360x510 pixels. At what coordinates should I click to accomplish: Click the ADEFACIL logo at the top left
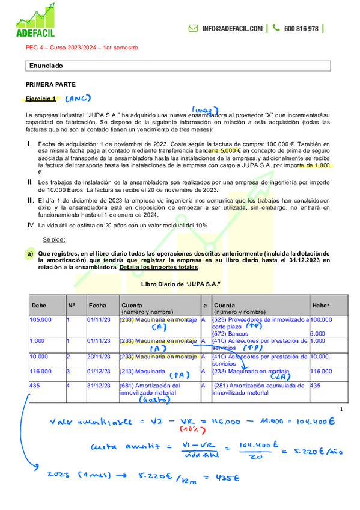[41, 22]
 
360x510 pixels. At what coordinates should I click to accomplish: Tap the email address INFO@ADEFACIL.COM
[232, 28]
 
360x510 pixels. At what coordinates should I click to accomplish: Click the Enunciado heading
[46, 65]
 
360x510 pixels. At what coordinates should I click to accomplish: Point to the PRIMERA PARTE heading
[50, 85]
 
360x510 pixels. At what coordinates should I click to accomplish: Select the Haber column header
[320, 306]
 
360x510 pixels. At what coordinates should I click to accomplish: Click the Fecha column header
[97, 306]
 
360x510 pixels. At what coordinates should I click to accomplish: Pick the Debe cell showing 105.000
[41, 320]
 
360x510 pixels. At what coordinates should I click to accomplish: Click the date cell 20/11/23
[97, 357]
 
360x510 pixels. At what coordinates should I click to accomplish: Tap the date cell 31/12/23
[97, 386]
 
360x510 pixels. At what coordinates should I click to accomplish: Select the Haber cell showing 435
[315, 386]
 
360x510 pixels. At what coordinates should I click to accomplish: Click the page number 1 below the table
[341, 410]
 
